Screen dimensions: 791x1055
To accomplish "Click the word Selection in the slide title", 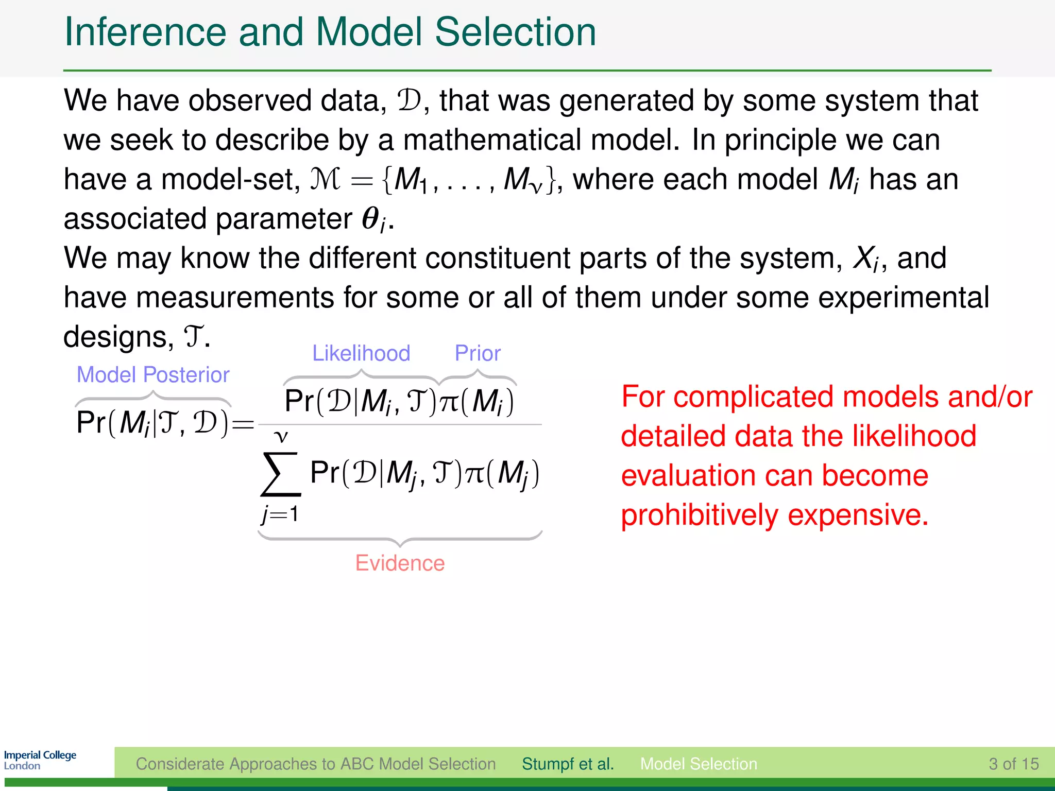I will pos(515,32).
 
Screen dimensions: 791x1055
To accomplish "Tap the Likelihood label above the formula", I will pos(361,353).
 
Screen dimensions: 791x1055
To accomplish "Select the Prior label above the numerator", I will pos(478,353).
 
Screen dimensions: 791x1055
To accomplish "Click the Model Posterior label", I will pos(152,375).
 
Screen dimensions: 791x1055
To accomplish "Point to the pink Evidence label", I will pos(400,563).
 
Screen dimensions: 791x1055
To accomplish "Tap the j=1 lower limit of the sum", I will pos(280,514).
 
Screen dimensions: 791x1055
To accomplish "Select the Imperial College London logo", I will pos(40,760).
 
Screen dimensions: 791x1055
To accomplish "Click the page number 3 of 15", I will pos(1013,764).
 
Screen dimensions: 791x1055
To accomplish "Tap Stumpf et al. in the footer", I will pos(568,764).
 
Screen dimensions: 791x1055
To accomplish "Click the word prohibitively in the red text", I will pos(700,515).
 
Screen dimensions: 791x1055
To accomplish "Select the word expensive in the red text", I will pos(857,515).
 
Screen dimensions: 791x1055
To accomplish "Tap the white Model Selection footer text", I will pos(699,764).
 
